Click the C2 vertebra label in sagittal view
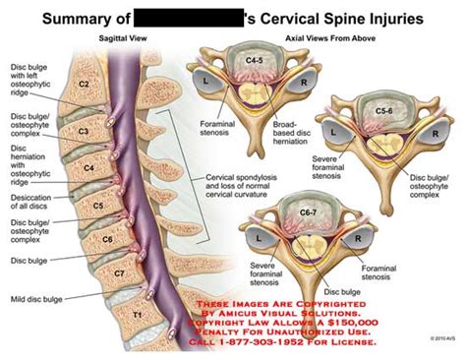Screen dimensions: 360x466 coord(85,86)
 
